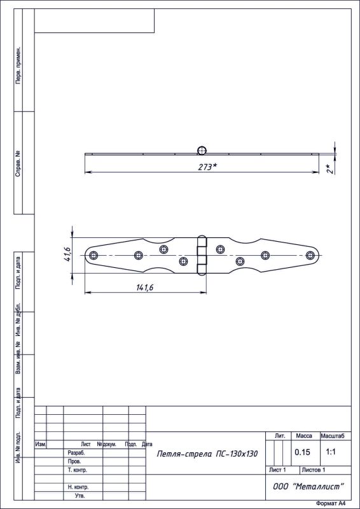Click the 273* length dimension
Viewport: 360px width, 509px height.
tap(208, 167)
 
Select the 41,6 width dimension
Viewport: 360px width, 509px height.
tap(67, 255)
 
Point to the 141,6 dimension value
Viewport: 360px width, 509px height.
tap(145, 288)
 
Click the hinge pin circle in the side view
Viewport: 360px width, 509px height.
tap(202, 150)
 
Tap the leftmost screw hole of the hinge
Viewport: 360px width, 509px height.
tap(93, 255)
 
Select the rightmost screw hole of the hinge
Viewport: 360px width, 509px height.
tap(310, 255)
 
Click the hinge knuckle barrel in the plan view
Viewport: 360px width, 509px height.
tap(202, 255)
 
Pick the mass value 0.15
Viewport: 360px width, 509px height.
tap(302, 452)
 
